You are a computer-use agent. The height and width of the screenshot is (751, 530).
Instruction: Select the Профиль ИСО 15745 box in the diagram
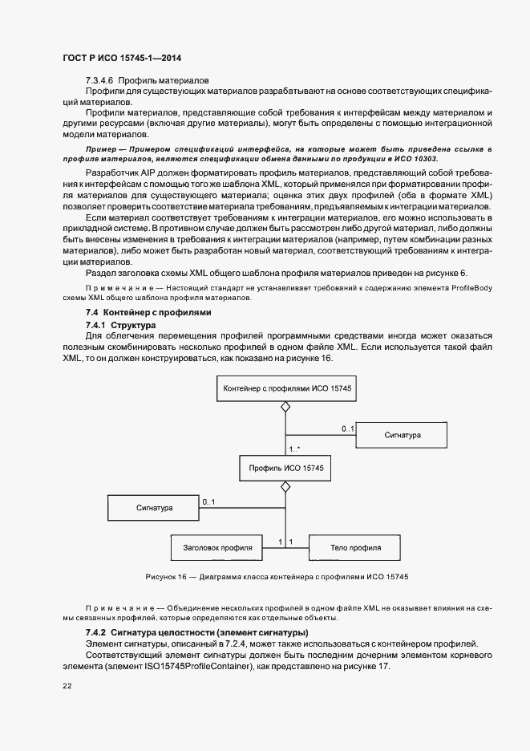point(283,467)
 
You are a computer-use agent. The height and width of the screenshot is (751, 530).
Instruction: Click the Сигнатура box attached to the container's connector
point(402,434)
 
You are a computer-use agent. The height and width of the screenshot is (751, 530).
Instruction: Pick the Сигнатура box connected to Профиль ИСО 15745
point(152,507)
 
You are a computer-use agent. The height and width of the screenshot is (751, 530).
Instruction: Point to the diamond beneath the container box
point(283,408)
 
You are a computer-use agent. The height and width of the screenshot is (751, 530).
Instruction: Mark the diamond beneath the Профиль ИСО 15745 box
point(283,487)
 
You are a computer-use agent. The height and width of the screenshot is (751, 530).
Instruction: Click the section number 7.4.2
point(96,632)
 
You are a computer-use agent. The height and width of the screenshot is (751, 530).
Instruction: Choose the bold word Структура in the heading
point(133,324)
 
